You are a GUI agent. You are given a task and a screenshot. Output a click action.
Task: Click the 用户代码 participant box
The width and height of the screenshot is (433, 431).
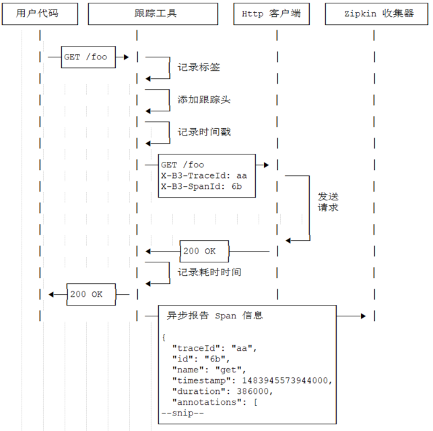[x=41, y=13]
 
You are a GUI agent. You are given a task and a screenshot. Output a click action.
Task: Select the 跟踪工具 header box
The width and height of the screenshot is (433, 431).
[x=153, y=13]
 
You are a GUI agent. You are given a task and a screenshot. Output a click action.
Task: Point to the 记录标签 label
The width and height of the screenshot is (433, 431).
[x=199, y=67]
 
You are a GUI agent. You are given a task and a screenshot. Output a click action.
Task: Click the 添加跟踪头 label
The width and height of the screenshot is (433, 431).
[x=204, y=100]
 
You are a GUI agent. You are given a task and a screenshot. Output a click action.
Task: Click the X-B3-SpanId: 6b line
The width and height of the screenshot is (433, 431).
[x=201, y=186]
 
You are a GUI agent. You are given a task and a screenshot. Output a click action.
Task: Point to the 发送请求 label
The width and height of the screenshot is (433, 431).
[x=329, y=202]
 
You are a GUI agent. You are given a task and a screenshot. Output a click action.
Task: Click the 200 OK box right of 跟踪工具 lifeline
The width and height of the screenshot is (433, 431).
[x=205, y=251]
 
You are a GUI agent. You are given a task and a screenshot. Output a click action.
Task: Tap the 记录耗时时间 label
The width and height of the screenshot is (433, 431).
[x=209, y=272]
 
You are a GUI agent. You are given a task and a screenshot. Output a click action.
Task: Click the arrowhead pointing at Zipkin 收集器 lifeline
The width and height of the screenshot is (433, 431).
[x=364, y=316]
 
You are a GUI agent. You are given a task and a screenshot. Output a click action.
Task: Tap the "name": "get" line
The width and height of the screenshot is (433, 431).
[x=209, y=370]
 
